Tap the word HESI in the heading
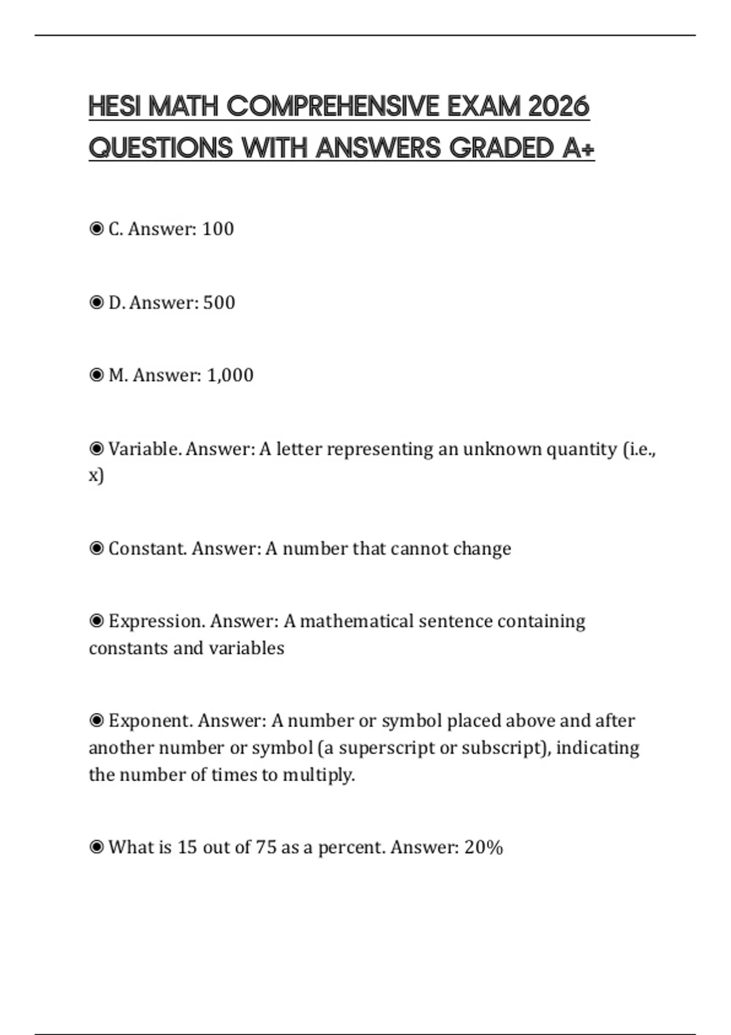[x=115, y=107]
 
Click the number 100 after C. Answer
[x=217, y=229]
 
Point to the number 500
[x=219, y=303]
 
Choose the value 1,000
[x=230, y=375]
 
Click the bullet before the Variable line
[x=96, y=449]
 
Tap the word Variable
[x=144, y=449]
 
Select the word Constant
[x=147, y=549]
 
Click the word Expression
[x=157, y=622]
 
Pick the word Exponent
[x=150, y=721]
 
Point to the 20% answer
[x=484, y=847]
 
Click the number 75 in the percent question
[x=266, y=847]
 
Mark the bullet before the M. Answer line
[x=96, y=375]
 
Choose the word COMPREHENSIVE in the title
[x=332, y=107]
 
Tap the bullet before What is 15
[x=96, y=847]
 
